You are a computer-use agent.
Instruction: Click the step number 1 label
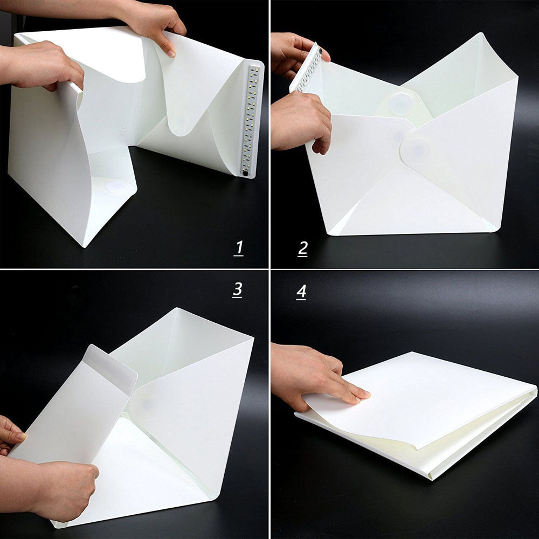click(239, 248)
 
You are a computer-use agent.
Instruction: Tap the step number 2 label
click(302, 248)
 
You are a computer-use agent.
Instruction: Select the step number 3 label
click(237, 289)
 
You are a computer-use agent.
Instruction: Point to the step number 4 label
click(301, 292)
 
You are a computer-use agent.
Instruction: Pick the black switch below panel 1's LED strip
click(245, 174)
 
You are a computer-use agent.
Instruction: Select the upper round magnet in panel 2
click(402, 102)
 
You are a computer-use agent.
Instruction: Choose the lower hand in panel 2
click(299, 121)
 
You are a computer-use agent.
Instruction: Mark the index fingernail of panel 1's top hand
click(171, 52)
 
